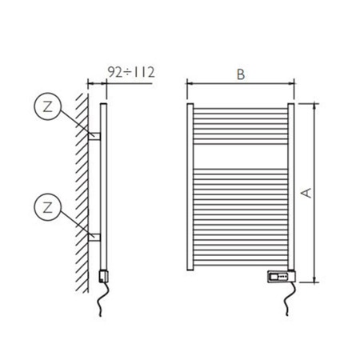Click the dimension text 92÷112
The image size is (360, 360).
(130, 71)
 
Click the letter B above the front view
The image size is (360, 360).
(240, 74)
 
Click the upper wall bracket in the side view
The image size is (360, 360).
(94, 136)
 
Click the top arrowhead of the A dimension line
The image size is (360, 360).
(314, 105)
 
